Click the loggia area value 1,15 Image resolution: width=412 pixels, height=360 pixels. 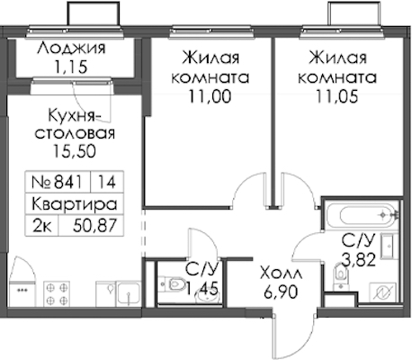tap(70, 67)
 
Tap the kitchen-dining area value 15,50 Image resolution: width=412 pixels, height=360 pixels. tap(74, 151)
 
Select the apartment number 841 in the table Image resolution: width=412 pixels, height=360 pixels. tap(67, 182)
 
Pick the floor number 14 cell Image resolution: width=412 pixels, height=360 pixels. tap(107, 182)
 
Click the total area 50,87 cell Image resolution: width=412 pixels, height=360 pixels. tap(94, 226)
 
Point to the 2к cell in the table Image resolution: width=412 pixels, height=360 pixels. tap(42, 226)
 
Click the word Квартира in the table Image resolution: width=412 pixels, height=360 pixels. tap(74, 204)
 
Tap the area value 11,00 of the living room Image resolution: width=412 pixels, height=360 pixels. tap(210, 96)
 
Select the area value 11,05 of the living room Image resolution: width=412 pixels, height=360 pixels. tap(336, 96)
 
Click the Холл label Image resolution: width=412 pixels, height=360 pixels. tap(281, 274)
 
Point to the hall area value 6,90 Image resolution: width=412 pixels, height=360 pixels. tap(281, 292)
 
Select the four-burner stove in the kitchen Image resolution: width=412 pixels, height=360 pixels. tap(57, 294)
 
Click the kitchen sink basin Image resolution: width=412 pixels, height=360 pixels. tap(128, 293)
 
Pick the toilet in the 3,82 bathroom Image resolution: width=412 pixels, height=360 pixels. tap(340, 276)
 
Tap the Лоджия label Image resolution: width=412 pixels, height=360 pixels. tap(71, 49)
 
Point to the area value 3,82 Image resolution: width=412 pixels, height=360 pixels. tap(359, 260)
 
